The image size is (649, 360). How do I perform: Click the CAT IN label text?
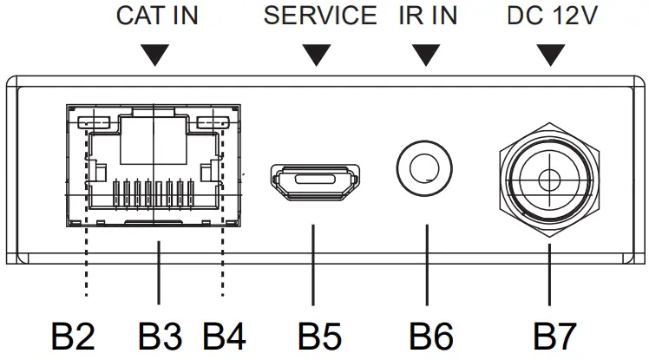(156, 16)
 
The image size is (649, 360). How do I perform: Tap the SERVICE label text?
(320, 16)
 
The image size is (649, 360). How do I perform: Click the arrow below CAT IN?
(156, 56)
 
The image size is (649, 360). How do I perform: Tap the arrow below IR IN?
(425, 56)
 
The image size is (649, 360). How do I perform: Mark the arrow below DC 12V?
(548, 56)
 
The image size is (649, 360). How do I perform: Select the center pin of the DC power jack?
(548, 180)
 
